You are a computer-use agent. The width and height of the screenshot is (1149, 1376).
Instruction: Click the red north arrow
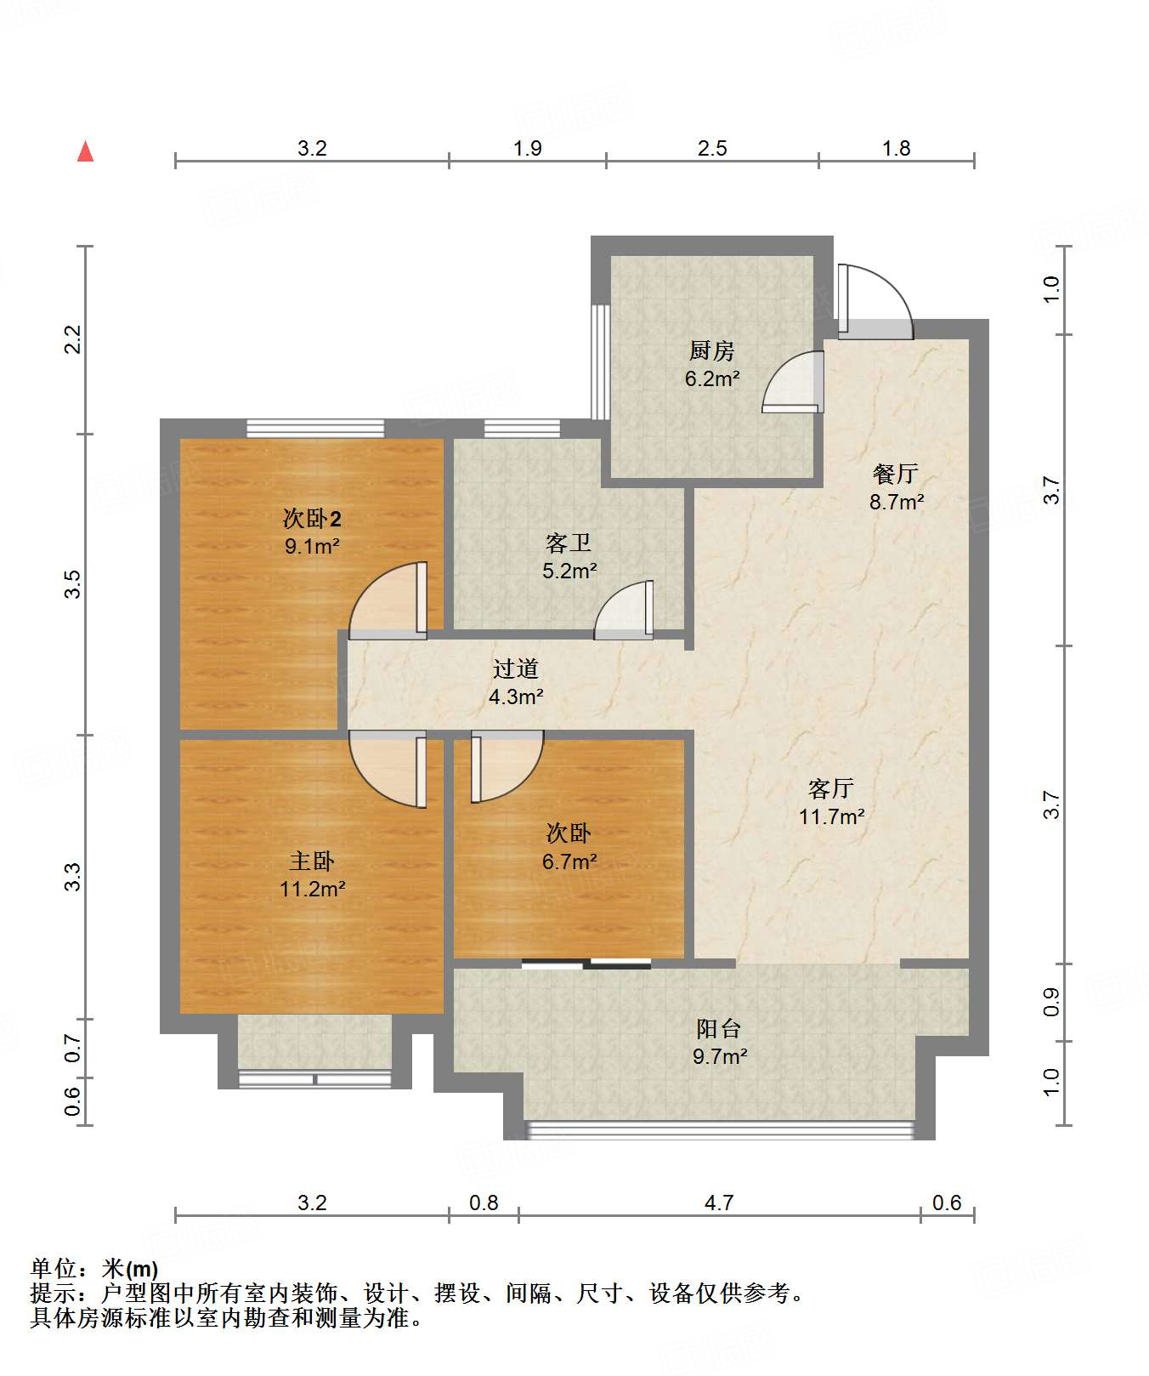coord(85,151)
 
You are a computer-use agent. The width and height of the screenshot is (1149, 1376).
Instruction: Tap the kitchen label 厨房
coord(711,350)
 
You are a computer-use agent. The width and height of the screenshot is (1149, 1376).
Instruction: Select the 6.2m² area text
coord(712,379)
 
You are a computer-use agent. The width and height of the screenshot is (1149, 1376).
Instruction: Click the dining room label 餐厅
coord(896,474)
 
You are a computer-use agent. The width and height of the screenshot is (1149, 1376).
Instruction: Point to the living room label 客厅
coord(831,788)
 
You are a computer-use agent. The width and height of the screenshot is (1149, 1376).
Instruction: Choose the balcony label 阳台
coord(719,1029)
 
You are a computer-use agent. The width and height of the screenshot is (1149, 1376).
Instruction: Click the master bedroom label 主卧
coord(312,861)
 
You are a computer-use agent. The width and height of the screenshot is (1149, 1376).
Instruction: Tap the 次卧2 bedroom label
coord(312,518)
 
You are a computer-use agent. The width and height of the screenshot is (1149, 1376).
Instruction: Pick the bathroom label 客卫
coord(569,543)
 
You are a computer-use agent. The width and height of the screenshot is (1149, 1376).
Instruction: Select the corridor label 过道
coord(516,669)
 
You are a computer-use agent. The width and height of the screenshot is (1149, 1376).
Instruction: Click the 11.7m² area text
coord(832,817)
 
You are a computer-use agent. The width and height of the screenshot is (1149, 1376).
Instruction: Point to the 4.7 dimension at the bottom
coord(719,1203)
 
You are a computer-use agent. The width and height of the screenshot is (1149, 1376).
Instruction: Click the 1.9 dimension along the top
coord(528,149)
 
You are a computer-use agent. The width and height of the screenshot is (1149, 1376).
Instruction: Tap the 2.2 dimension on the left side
coord(73,339)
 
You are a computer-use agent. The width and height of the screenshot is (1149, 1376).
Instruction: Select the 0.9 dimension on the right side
coord(1052,1002)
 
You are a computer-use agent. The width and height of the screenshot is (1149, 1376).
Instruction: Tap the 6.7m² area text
coord(569,861)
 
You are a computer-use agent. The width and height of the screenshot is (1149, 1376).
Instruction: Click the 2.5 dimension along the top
coord(712,149)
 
